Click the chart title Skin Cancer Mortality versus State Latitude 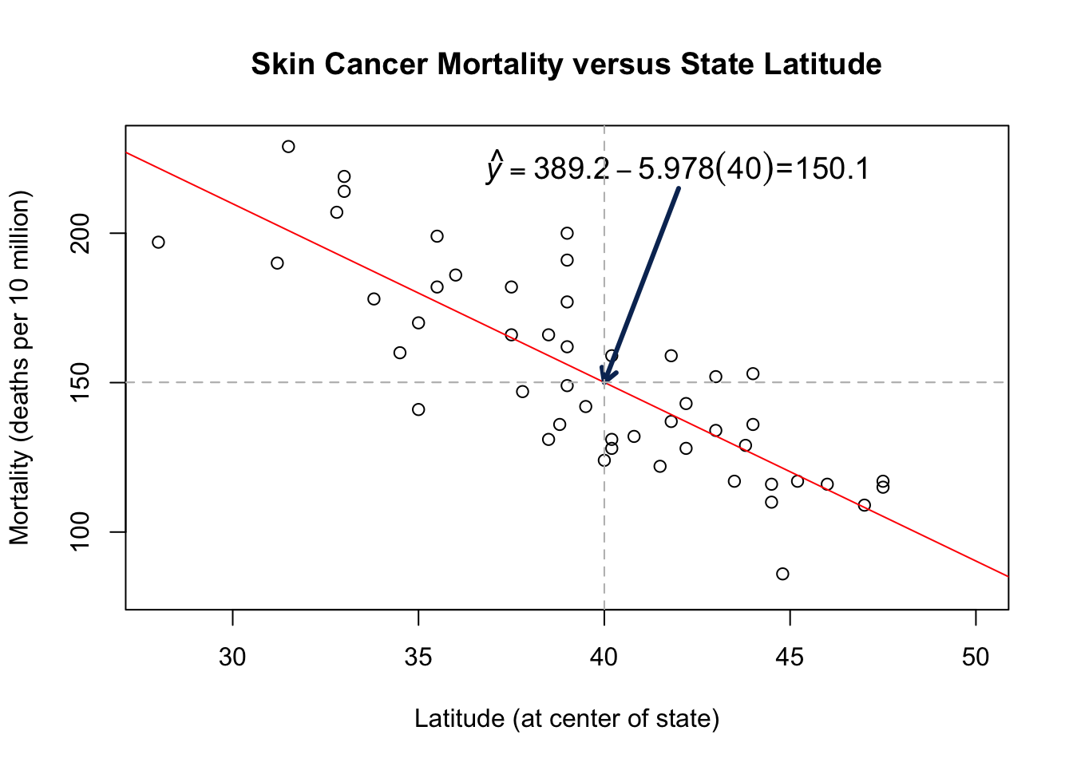click(x=566, y=64)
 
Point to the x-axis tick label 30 click(x=232, y=657)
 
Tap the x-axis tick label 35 click(x=418, y=657)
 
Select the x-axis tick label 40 click(x=604, y=657)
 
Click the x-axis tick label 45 click(x=790, y=657)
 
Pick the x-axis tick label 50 click(x=976, y=657)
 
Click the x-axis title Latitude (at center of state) click(x=567, y=719)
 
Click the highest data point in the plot click(x=288, y=147)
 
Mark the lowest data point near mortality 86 click(x=782, y=574)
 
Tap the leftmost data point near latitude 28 click(x=158, y=242)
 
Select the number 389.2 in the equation click(x=570, y=169)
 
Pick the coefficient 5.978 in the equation click(x=675, y=169)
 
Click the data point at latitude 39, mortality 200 click(x=567, y=233)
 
